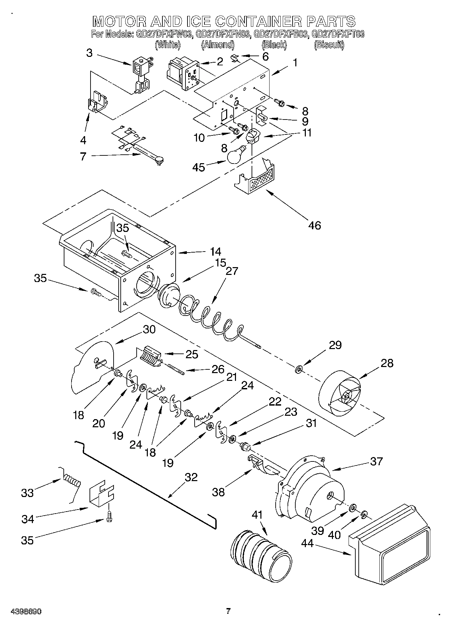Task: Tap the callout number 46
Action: click(x=315, y=225)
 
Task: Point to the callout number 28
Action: click(x=387, y=363)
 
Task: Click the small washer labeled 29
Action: click(x=299, y=368)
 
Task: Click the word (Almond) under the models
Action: click(x=218, y=44)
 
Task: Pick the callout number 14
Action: click(x=215, y=251)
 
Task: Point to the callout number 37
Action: click(x=376, y=461)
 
